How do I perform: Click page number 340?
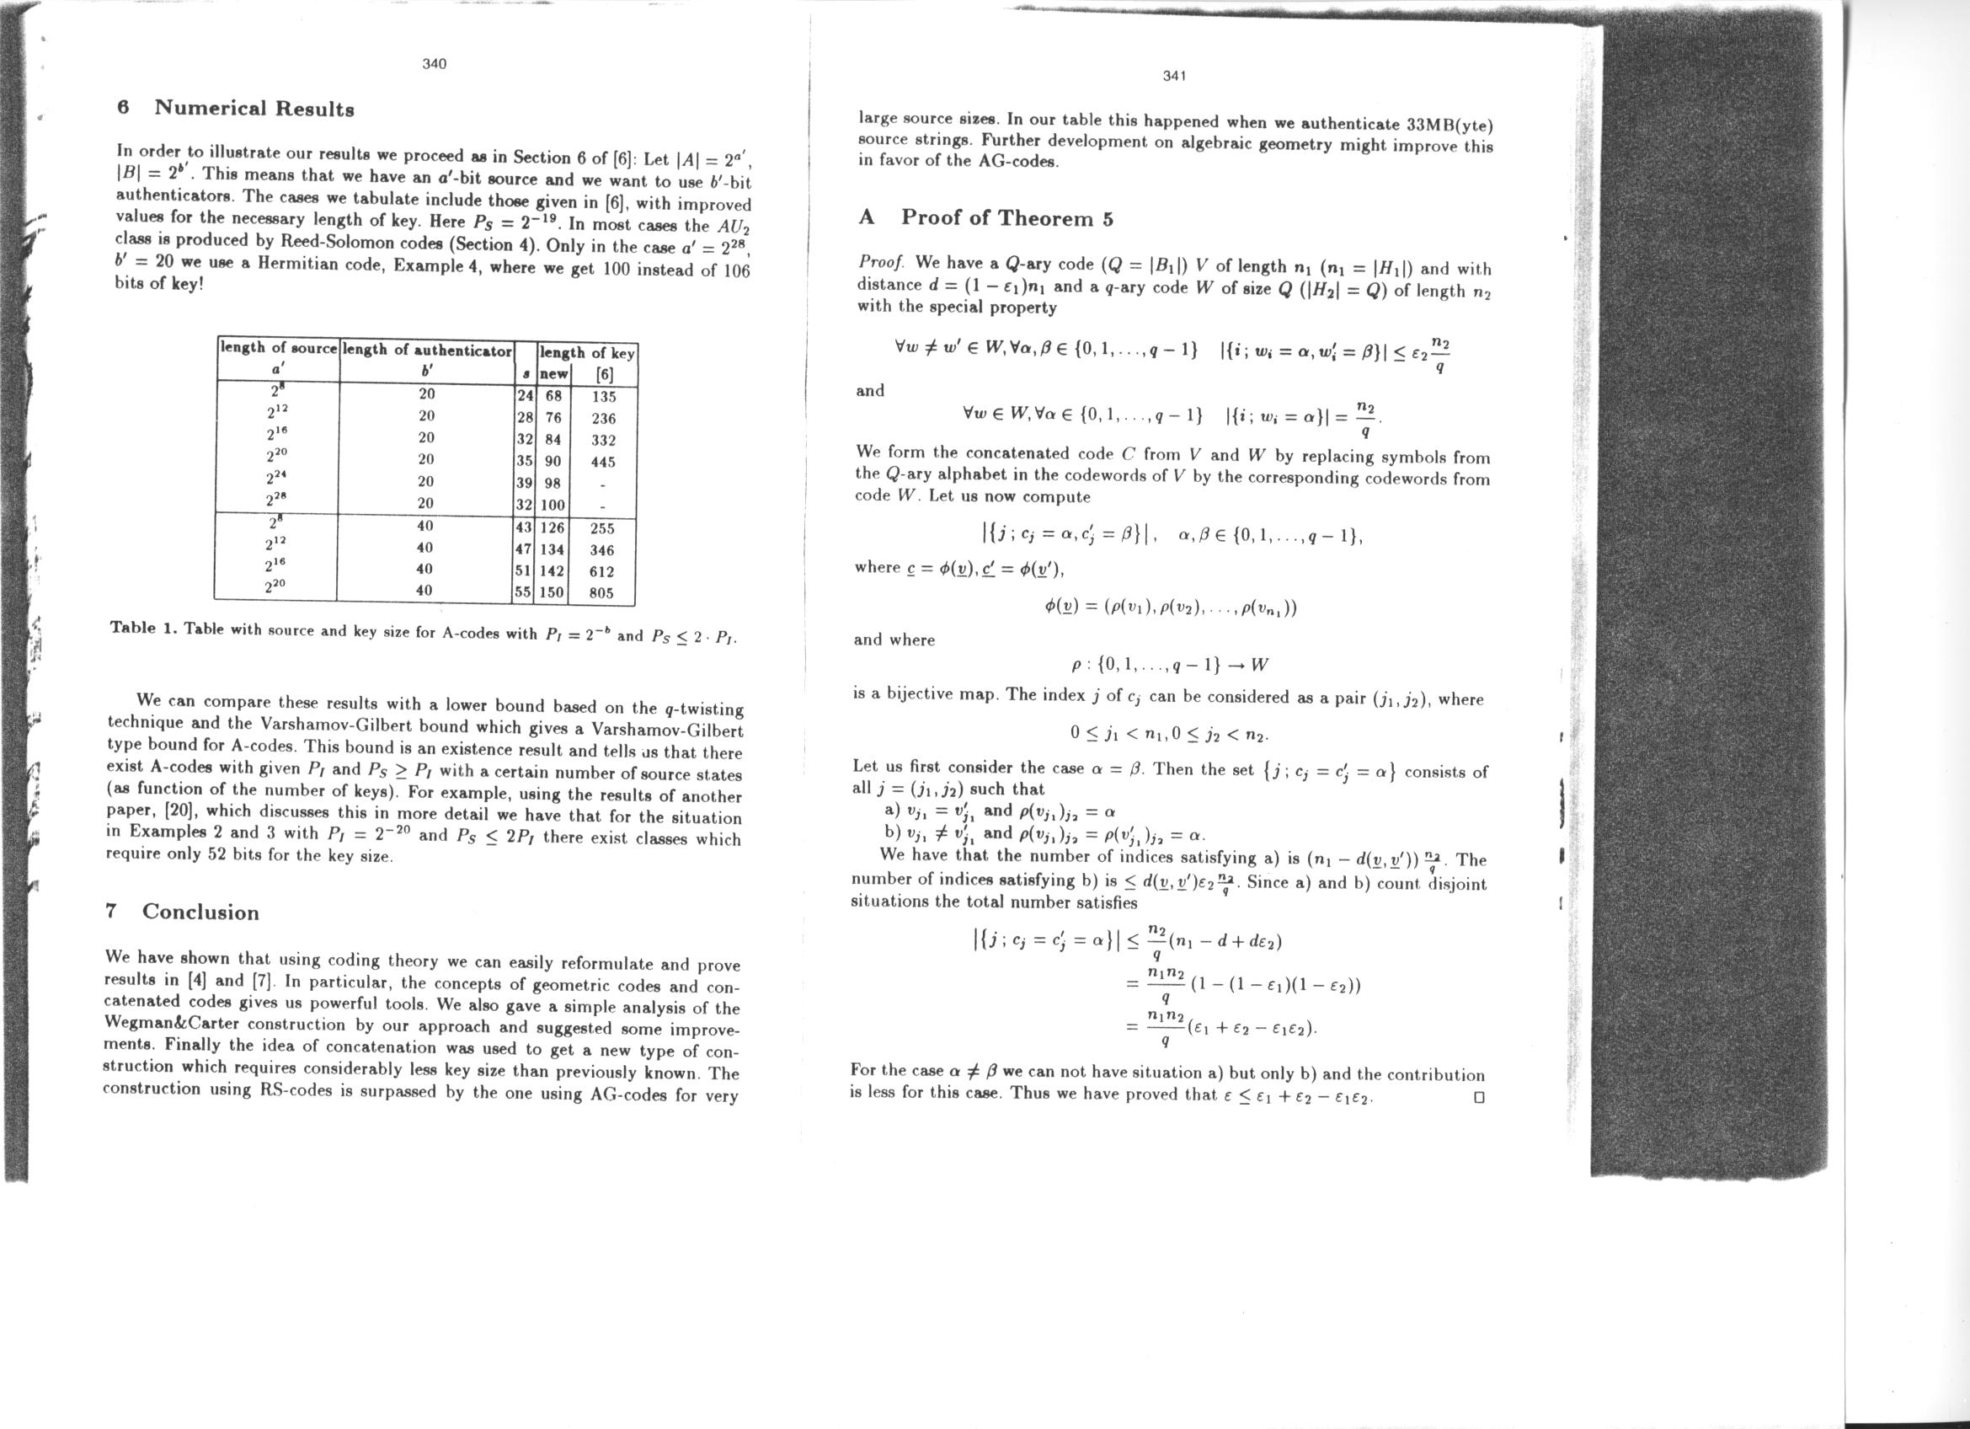click(435, 63)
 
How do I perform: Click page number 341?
click(1174, 76)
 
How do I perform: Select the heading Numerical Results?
click(254, 109)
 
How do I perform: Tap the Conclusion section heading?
click(200, 912)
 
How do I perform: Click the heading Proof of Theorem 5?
click(1006, 217)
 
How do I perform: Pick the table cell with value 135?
click(603, 396)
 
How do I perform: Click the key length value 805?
click(601, 593)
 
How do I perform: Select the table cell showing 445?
click(603, 462)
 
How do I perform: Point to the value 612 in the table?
click(601, 571)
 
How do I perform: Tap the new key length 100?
click(553, 505)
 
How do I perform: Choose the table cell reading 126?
click(553, 527)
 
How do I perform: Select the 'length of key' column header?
click(587, 353)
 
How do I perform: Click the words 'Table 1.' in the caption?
click(143, 627)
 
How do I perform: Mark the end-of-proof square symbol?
click(1479, 1096)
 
